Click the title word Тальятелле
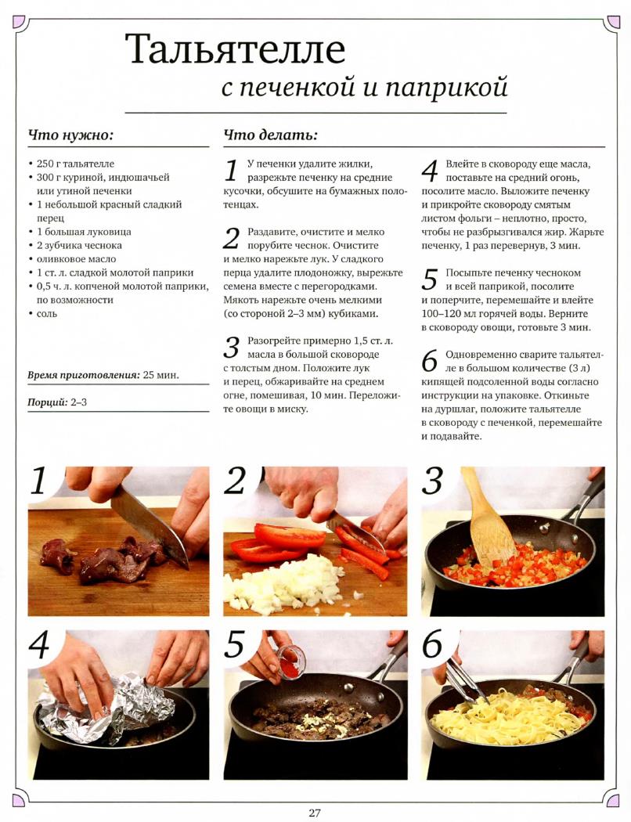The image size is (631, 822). [235, 50]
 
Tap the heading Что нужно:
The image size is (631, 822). [70, 135]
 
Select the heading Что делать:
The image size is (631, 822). [270, 135]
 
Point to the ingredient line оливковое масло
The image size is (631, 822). [77, 259]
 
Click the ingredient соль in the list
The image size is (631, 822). [47, 313]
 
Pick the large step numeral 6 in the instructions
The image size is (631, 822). [429, 361]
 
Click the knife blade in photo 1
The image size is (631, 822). [150, 525]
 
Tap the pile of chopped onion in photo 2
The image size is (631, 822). [281, 581]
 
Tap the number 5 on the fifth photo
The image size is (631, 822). [234, 644]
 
